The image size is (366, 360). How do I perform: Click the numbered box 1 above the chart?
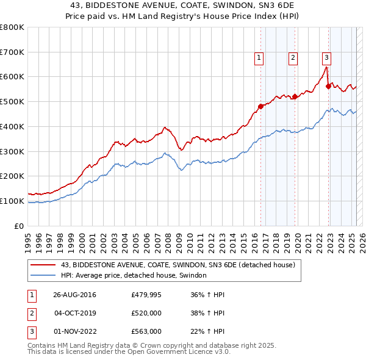(x=259, y=58)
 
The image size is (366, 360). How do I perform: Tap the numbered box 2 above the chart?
(x=293, y=58)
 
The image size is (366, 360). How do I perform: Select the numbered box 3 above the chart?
(x=326, y=58)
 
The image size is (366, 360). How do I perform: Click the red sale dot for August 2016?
(x=260, y=106)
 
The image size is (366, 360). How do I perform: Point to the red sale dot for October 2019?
(x=295, y=96)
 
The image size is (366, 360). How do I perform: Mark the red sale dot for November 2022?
(x=328, y=86)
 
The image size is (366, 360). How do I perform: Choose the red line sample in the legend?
(x=43, y=265)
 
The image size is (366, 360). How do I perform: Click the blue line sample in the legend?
(x=43, y=276)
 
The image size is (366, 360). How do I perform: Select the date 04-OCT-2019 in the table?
(x=75, y=313)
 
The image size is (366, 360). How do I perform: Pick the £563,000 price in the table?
(x=146, y=331)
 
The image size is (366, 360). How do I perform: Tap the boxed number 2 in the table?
(x=32, y=313)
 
